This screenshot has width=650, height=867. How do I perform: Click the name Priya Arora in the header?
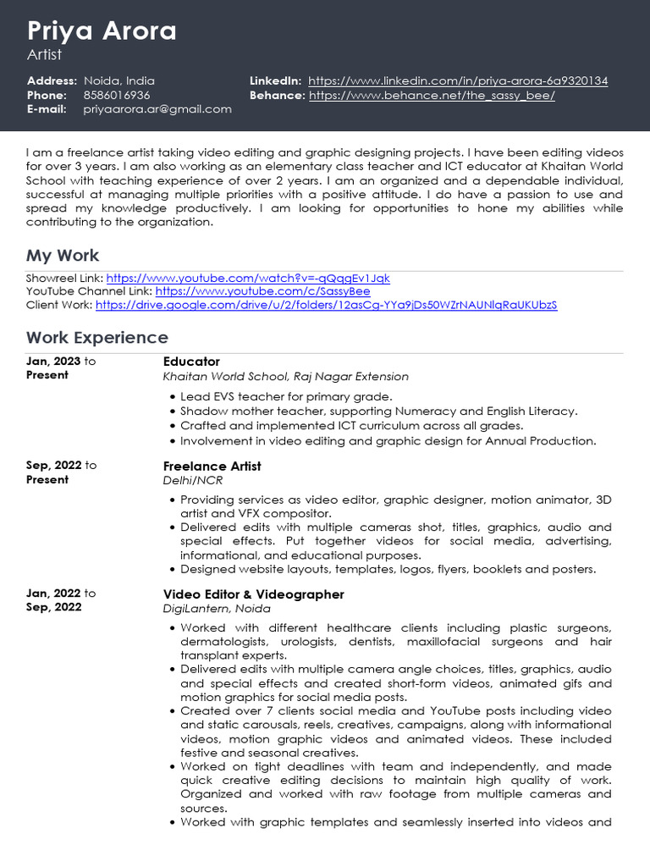pyautogui.click(x=102, y=31)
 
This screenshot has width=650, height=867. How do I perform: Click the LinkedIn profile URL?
pyautogui.click(x=458, y=81)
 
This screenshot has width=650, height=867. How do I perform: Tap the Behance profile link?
pyautogui.click(x=432, y=96)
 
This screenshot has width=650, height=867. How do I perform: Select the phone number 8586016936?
pyautogui.click(x=117, y=96)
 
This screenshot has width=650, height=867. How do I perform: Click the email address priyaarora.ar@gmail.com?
pyautogui.click(x=157, y=109)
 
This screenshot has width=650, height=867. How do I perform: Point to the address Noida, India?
pyautogui.click(x=119, y=81)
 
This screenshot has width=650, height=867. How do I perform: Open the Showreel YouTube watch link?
pyautogui.click(x=248, y=278)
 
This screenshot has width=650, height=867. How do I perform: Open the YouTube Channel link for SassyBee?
pyautogui.click(x=262, y=291)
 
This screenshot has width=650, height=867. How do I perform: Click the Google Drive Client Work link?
pyautogui.click(x=326, y=305)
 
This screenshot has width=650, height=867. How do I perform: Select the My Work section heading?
pyautogui.click(x=63, y=256)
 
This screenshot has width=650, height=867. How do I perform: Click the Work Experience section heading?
pyautogui.click(x=97, y=338)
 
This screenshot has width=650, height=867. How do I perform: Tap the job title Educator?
pyautogui.click(x=191, y=362)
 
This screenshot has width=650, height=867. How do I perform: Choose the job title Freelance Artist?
pyautogui.click(x=212, y=467)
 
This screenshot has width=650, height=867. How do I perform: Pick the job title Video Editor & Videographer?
pyautogui.click(x=253, y=594)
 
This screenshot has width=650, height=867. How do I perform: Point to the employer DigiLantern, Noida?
pyautogui.click(x=217, y=609)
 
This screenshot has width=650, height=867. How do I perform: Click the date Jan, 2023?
pyautogui.click(x=53, y=362)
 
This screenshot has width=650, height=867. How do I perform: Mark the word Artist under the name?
pyautogui.click(x=46, y=55)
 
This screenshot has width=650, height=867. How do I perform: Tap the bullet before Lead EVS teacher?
pyautogui.click(x=173, y=397)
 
